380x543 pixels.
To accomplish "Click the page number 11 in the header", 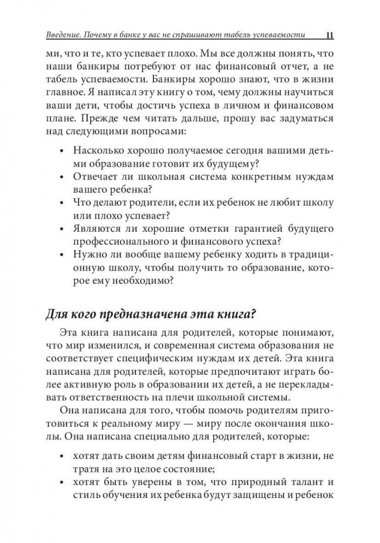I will (329, 36).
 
